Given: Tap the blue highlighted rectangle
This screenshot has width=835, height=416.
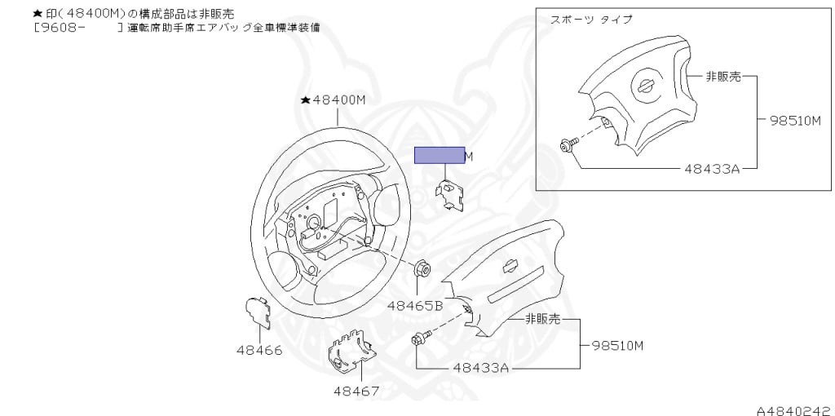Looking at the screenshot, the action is (439, 155).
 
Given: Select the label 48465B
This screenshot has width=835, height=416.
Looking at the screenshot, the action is (414, 306).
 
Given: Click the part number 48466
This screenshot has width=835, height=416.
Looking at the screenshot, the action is (259, 351).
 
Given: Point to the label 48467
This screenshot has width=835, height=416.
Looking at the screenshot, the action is (356, 391).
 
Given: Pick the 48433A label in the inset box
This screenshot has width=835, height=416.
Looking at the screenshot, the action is (711, 169).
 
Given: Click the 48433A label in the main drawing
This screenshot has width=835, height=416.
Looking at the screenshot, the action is (481, 368).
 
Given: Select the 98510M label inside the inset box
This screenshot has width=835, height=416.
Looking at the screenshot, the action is (795, 121).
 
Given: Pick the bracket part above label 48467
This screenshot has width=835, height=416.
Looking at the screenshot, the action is (351, 352).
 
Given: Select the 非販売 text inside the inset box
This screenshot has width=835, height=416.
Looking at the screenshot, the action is (723, 76).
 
